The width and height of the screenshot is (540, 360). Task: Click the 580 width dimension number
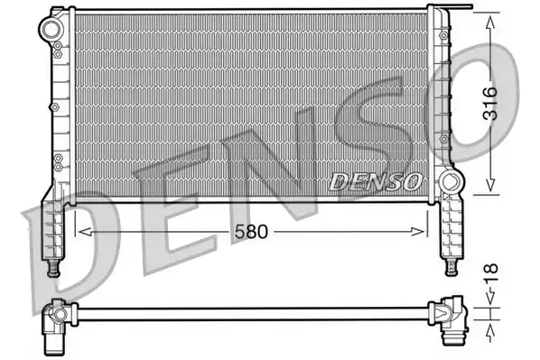click(x=251, y=232)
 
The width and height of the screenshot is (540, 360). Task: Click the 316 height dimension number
click(x=490, y=104)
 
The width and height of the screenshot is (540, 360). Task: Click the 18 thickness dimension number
click(x=490, y=272)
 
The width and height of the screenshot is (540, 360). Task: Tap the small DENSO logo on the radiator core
click(x=376, y=181)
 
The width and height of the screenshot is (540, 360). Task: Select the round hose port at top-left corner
click(x=51, y=28)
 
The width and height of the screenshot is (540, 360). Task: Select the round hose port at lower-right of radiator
click(x=452, y=182)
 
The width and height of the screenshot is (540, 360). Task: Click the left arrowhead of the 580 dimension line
click(x=85, y=232)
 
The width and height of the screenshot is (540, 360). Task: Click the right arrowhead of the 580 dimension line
click(x=418, y=232)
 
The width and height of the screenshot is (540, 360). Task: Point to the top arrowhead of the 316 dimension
click(x=490, y=23)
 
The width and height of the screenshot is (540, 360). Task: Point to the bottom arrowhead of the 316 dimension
click(x=490, y=184)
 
